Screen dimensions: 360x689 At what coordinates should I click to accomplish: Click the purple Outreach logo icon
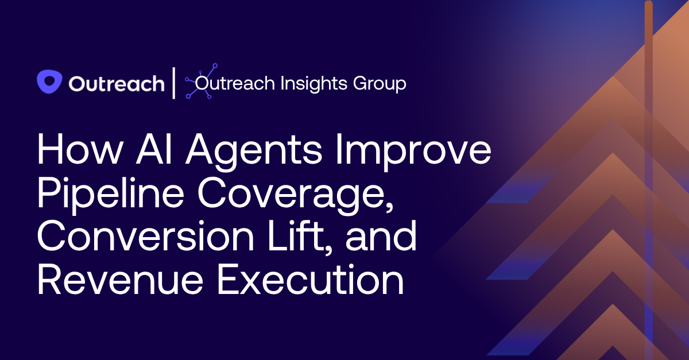click(x=49, y=82)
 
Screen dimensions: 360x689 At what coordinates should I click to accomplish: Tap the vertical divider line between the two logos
click(x=175, y=83)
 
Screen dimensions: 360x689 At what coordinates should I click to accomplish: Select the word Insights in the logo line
click(x=313, y=83)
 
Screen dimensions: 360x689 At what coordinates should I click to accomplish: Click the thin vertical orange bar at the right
click(x=649, y=172)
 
